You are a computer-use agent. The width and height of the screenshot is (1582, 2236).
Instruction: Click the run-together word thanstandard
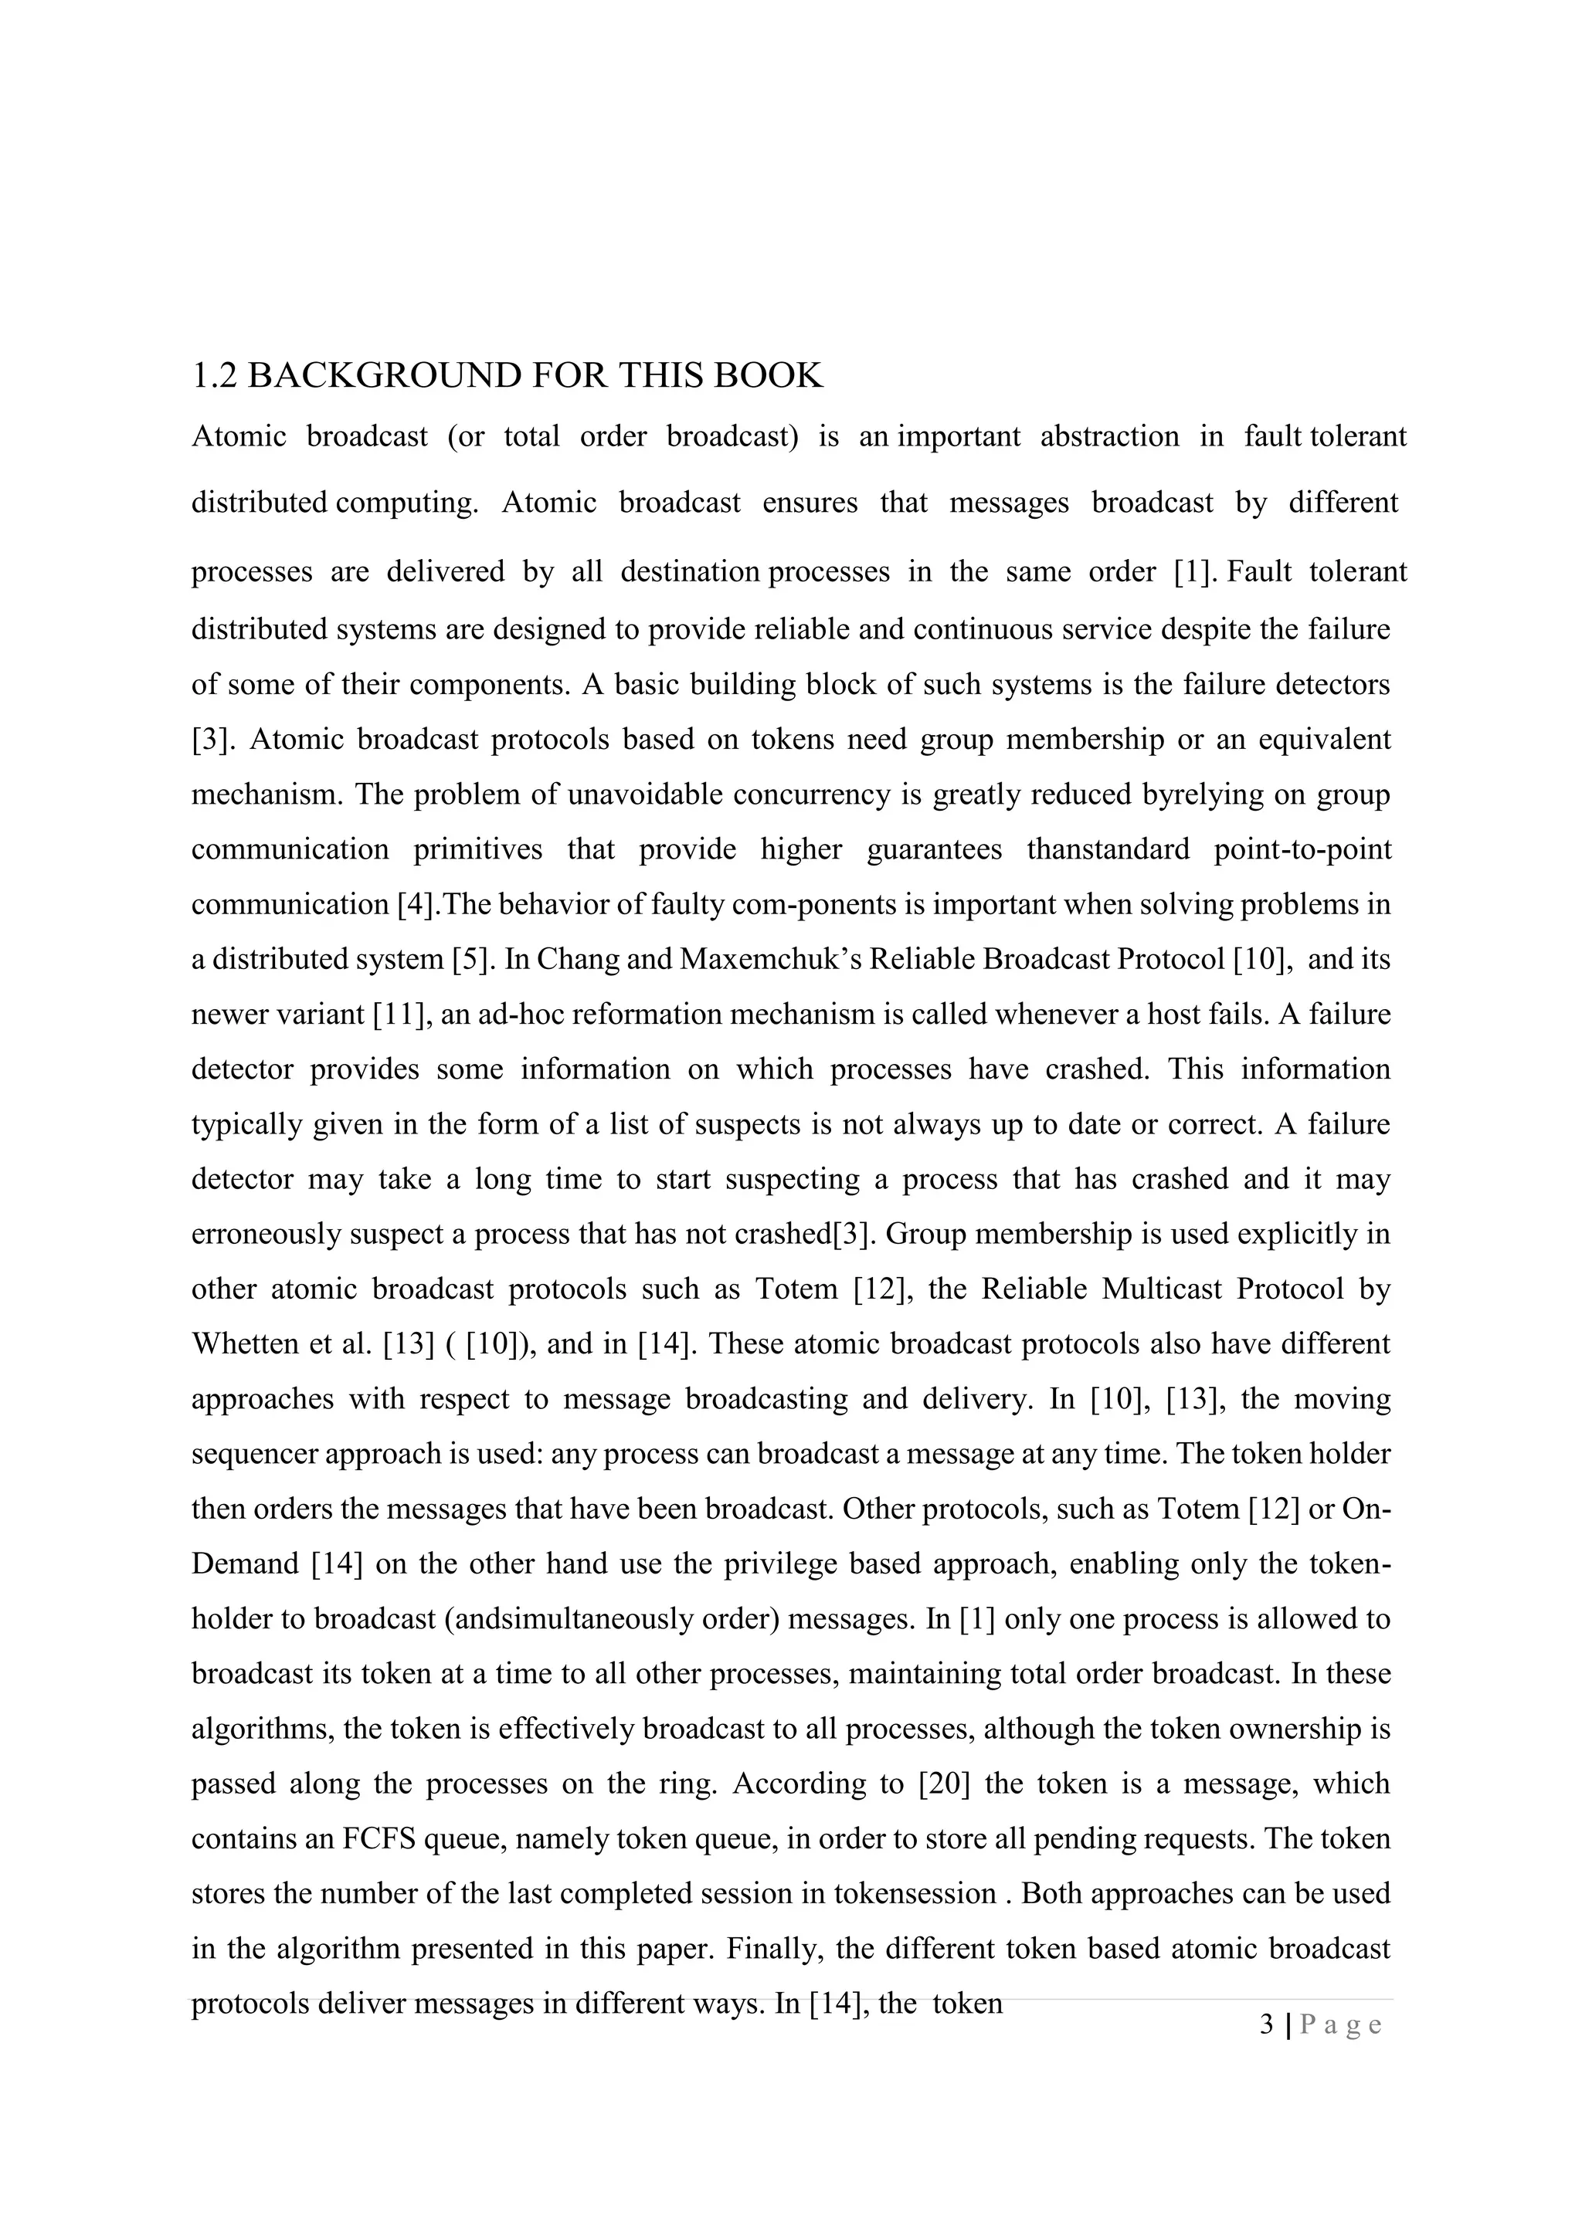(1108, 849)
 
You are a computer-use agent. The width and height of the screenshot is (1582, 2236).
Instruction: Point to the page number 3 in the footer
(1265, 2024)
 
